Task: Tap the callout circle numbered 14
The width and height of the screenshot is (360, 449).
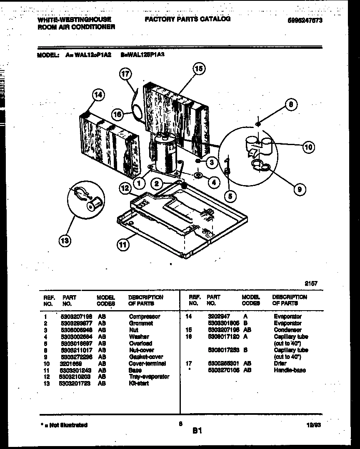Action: point(97,95)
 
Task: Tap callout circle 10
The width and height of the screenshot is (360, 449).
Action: point(308,147)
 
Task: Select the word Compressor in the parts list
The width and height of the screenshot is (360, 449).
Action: point(144,316)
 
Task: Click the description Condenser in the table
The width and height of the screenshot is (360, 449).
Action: point(287,330)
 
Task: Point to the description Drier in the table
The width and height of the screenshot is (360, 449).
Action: point(280,363)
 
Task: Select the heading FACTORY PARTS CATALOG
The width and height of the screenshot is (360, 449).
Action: point(187,19)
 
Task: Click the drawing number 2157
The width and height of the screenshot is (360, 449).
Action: point(311,283)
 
